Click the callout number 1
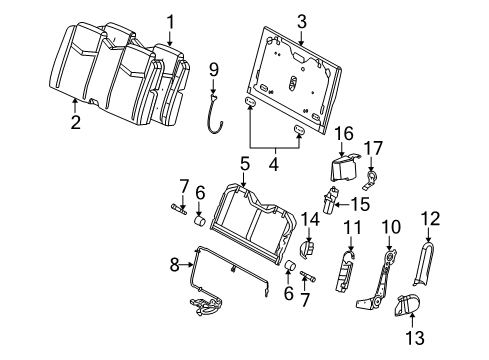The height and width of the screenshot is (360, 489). [170, 21]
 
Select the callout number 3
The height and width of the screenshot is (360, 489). [273, 19]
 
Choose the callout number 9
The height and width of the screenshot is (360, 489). [213, 69]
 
